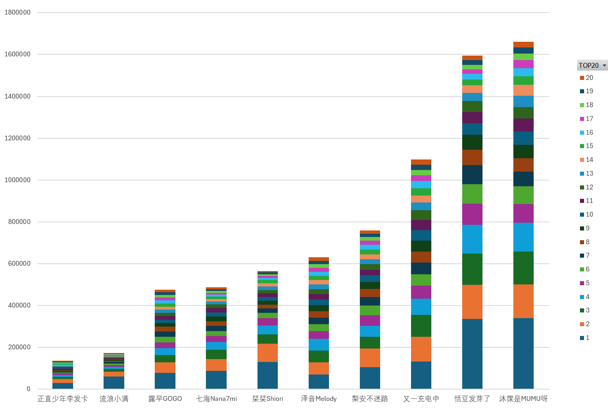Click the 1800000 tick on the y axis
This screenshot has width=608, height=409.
point(17,13)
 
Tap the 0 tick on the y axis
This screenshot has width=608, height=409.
point(28,389)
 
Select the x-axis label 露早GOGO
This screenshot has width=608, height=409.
point(165,399)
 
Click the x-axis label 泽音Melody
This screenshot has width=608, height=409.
point(319,399)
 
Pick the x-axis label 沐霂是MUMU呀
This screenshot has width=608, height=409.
point(523,399)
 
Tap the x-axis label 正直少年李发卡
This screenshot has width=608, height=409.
point(63,399)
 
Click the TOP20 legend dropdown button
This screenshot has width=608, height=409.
point(604,65)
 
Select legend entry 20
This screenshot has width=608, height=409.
point(587,78)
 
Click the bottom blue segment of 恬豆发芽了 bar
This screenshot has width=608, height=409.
point(472,354)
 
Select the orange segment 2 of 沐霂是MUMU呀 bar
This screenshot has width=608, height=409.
point(523,301)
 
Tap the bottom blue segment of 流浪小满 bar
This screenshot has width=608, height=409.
point(114,383)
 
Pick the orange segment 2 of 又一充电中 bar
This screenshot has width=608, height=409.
point(421,349)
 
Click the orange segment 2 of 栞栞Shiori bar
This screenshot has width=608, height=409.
point(267,353)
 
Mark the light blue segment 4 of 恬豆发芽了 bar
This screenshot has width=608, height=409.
point(472,239)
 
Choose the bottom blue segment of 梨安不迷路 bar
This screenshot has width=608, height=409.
point(370,378)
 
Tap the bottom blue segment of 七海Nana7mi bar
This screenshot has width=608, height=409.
point(216,380)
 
